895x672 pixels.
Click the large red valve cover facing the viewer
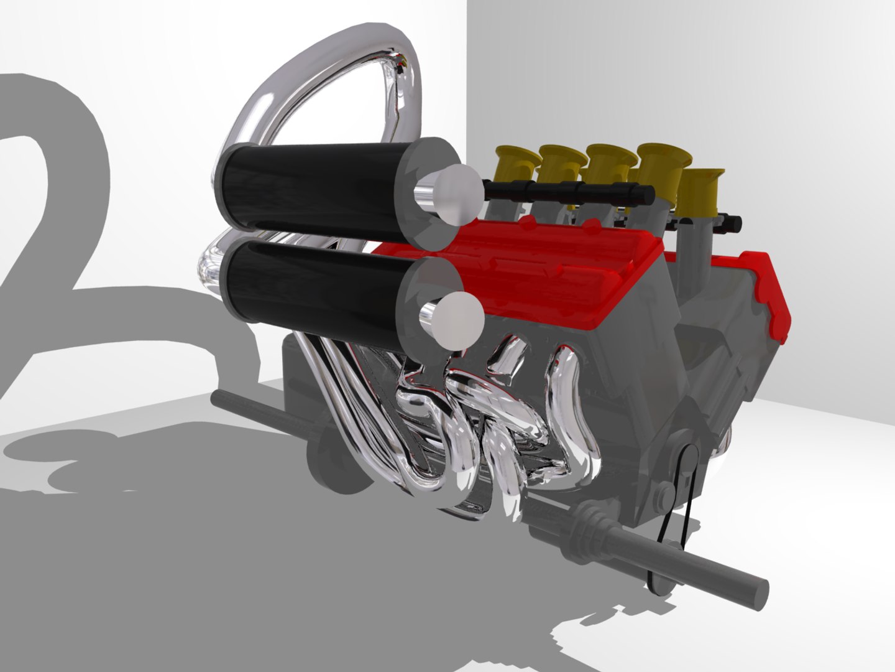[547, 274]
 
